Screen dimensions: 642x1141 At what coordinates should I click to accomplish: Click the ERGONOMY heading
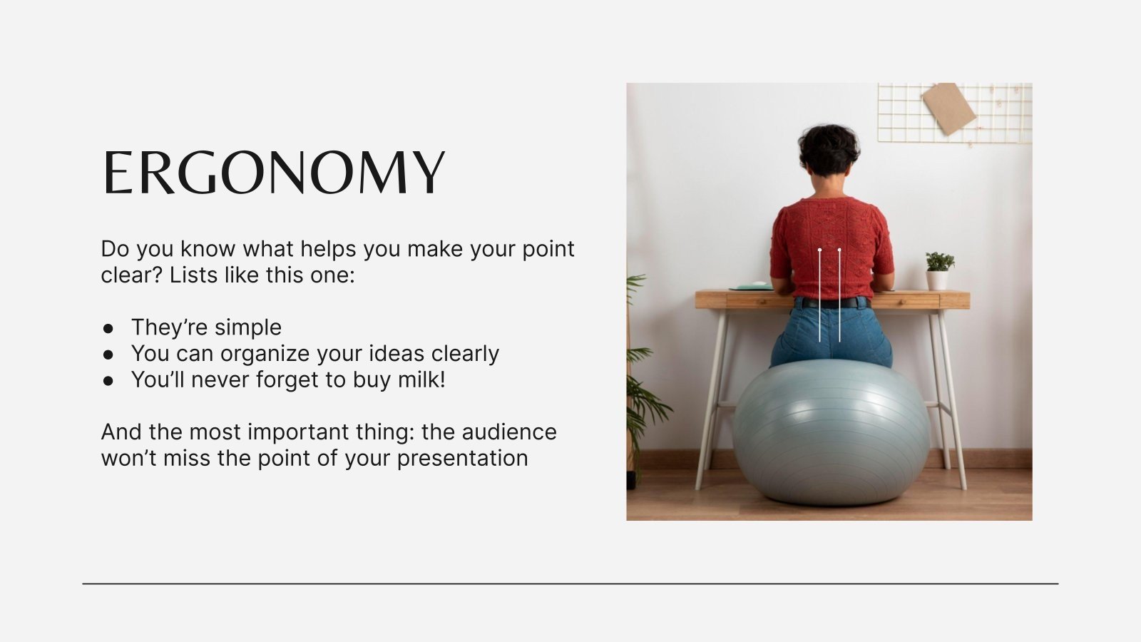click(274, 173)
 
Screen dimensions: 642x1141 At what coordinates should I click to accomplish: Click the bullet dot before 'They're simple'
click(108, 328)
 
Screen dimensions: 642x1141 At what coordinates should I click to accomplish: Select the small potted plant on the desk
click(938, 270)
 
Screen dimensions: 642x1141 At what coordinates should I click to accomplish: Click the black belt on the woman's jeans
click(832, 302)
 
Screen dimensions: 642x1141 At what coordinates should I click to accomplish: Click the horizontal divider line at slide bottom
click(570, 584)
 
